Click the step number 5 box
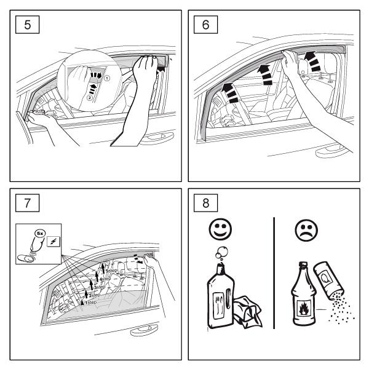(x=25, y=26)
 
